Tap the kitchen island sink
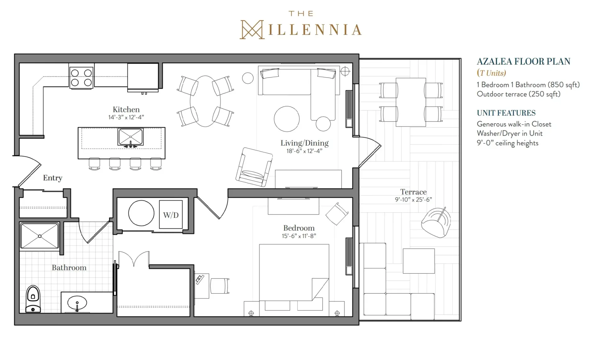(x=130, y=137)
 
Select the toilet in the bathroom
(x=33, y=299)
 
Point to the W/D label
(x=171, y=215)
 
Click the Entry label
(x=52, y=178)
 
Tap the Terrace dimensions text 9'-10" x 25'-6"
(x=413, y=200)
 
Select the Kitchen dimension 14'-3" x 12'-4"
(x=126, y=117)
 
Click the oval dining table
(x=205, y=101)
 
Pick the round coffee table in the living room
(x=287, y=119)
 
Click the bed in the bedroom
(x=294, y=280)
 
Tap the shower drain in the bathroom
(x=40, y=236)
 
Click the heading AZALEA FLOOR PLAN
(x=523, y=61)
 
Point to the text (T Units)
(x=491, y=73)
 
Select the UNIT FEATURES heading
(x=506, y=113)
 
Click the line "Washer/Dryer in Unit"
(x=509, y=133)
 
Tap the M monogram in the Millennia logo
(x=252, y=30)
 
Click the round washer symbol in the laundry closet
(x=141, y=213)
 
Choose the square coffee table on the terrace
(x=419, y=261)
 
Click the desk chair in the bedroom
(x=220, y=286)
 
